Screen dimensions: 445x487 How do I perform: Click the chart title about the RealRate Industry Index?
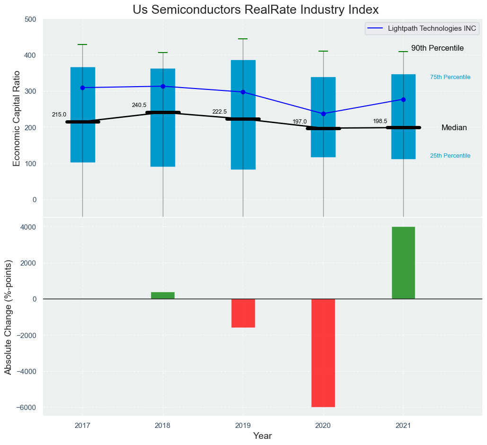coord(256,10)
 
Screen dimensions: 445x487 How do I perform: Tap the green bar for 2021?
coord(403,263)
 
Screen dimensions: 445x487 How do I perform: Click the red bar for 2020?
coord(323,353)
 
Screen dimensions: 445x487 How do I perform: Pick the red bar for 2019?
coord(243,313)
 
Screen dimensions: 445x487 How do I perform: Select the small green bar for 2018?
coord(163,295)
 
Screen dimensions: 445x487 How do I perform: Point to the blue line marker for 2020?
coord(323,114)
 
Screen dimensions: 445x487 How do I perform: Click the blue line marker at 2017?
coord(83,88)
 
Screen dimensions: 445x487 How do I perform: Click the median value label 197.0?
coord(300,122)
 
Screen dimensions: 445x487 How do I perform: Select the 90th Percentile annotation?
coord(437,48)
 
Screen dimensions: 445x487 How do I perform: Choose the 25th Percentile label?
coord(450,156)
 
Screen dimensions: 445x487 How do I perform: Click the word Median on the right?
coord(454,128)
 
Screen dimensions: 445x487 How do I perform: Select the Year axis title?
coord(262,436)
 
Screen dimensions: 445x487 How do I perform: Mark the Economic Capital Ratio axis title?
coord(17,118)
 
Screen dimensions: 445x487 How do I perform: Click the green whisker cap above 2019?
coord(243,39)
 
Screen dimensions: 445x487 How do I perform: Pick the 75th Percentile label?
coord(450,77)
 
